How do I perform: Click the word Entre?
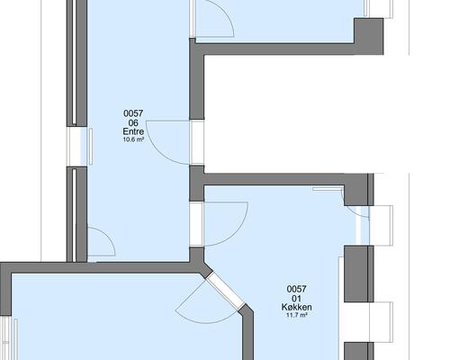pyautogui.click(x=133, y=131)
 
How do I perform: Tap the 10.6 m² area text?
pyautogui.click(x=133, y=139)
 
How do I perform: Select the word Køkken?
pyautogui.click(x=296, y=307)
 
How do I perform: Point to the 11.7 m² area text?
pyautogui.click(x=296, y=315)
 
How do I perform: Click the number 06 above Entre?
pyautogui.click(x=133, y=122)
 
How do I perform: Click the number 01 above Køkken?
pyautogui.click(x=296, y=298)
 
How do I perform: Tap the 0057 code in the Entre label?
pyautogui.click(x=133, y=113)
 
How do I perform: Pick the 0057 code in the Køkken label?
pyautogui.click(x=296, y=289)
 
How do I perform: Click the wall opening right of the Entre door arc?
pyautogui.click(x=197, y=142)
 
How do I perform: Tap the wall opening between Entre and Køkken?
pyautogui.click(x=196, y=224)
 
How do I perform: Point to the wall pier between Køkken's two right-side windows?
pyautogui.click(x=359, y=274)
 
